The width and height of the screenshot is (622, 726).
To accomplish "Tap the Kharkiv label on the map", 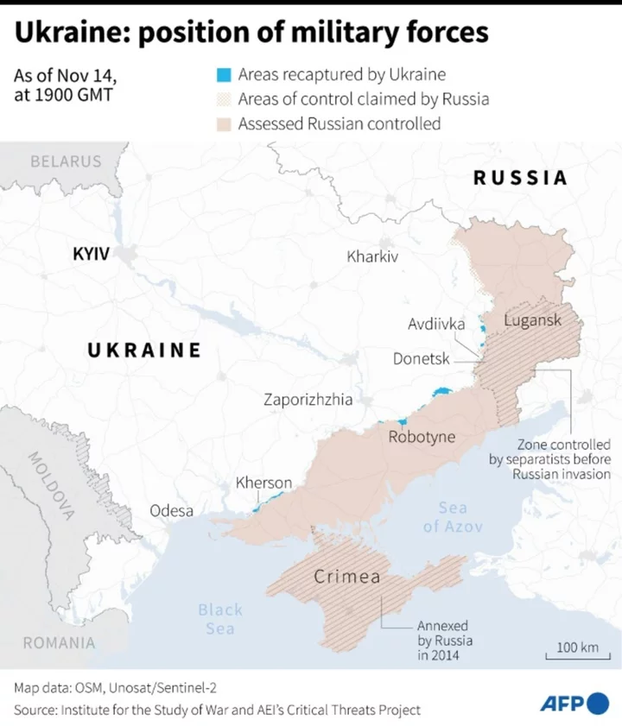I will point(372,256).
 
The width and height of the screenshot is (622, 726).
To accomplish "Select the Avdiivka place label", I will point(436,325).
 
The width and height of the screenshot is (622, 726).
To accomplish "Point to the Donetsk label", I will point(422,357).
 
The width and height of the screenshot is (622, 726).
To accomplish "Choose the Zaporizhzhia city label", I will point(308,400).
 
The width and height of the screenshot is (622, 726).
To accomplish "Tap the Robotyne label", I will point(422,437).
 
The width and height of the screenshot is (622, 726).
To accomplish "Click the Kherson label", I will point(264,483).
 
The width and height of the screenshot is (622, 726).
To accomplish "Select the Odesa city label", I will point(172,511).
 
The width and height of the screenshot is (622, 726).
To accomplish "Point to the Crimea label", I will point(346,577).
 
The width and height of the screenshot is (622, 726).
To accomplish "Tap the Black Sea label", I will point(220,619).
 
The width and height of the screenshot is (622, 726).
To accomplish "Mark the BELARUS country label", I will point(66,161).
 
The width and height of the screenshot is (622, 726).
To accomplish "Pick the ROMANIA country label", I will point(59,642).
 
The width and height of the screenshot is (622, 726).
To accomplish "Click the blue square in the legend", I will point(224,75).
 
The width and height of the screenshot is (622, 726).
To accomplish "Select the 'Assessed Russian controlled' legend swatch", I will point(224,124).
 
